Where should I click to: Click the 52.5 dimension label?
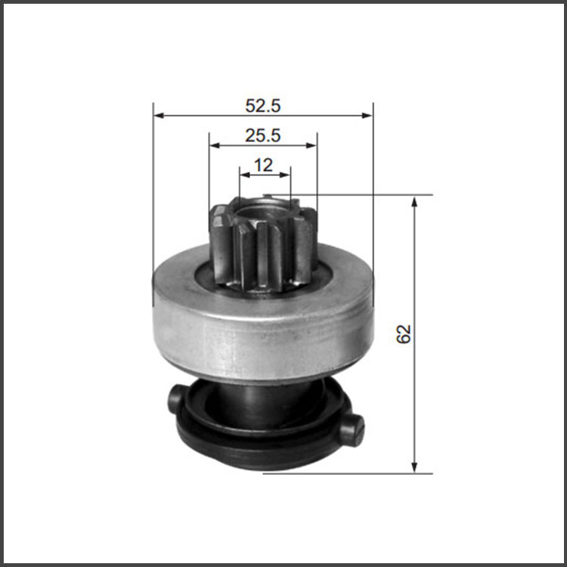[x=263, y=106]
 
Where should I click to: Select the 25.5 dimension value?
[x=263, y=135]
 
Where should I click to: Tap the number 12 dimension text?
[x=263, y=166]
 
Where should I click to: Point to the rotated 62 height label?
[x=404, y=333]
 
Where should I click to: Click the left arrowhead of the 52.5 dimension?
[x=159, y=116]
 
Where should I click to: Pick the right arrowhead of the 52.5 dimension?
[x=367, y=116]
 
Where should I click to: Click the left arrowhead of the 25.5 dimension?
[x=215, y=145]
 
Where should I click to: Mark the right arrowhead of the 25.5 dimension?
[x=311, y=145]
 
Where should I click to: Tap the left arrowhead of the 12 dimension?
[x=245, y=175]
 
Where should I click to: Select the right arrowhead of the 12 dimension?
[x=284, y=175]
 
